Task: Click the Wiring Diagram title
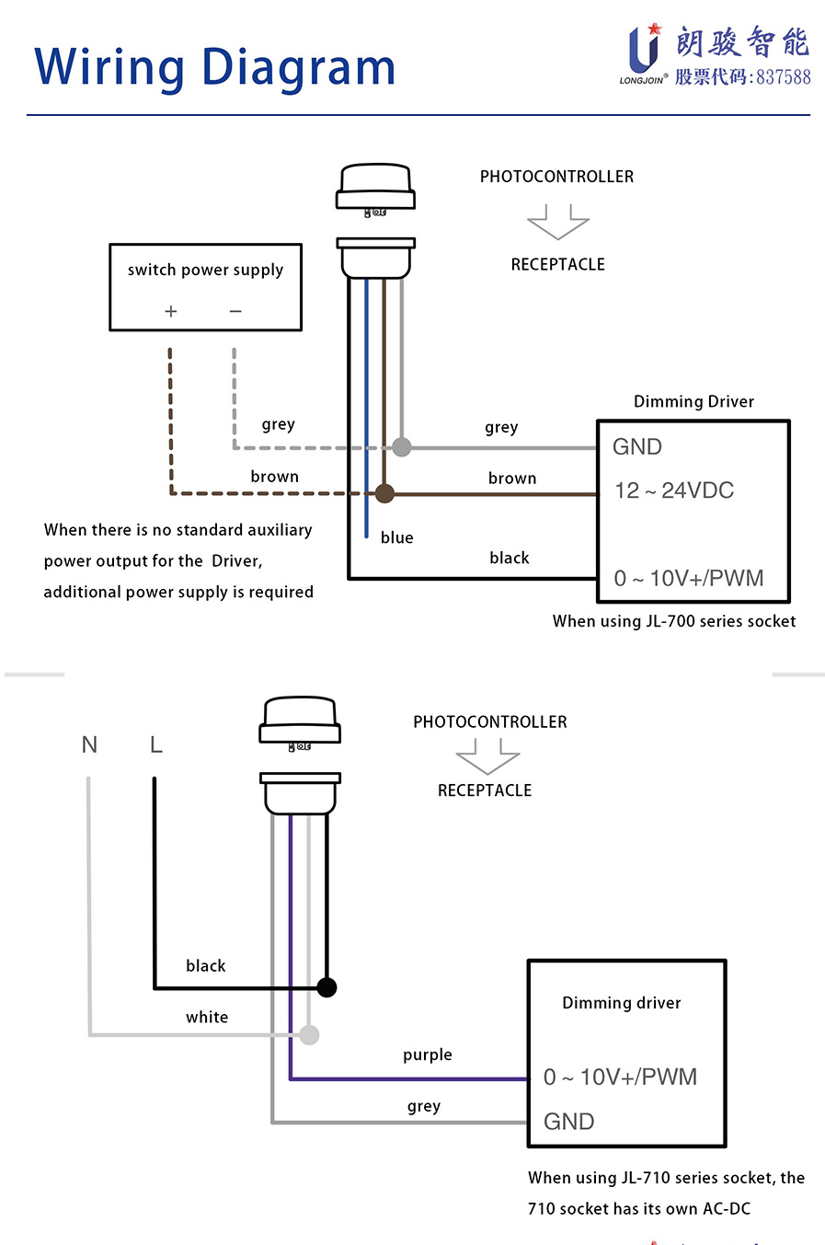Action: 214,68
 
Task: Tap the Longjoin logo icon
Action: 643,50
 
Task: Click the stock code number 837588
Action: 784,77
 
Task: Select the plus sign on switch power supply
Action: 170,312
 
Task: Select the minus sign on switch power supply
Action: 235,312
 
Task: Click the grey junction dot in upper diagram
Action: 402,447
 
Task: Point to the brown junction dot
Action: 384,494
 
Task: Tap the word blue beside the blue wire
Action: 396,537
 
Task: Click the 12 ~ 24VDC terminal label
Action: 674,490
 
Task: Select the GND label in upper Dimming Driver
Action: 637,447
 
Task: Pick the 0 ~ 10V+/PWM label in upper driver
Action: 689,579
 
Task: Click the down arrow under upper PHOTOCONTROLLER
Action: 557,222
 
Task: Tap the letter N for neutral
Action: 89,744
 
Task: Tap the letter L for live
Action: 156,744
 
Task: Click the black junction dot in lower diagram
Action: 327,987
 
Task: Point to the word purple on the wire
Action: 428,1055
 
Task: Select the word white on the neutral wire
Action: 207,1017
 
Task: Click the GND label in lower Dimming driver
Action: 569,1122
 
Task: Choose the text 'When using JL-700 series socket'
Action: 674,621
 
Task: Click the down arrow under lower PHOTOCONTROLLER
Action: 487,756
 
